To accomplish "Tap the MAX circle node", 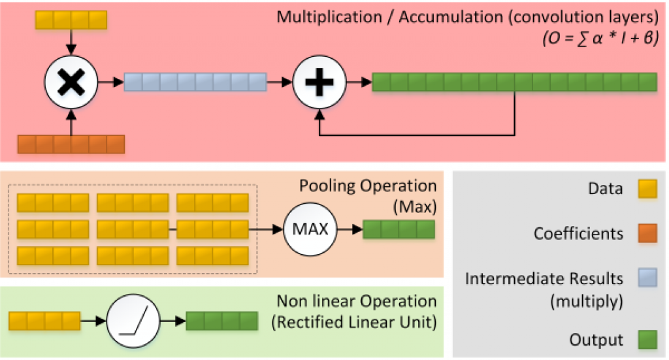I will pos(310,229).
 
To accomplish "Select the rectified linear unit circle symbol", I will pos(133,321).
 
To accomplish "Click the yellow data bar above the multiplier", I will pos(70,20).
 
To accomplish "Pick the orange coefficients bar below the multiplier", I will pos(71,143).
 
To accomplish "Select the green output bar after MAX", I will pos(399,229).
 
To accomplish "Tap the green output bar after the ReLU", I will pos(222,321).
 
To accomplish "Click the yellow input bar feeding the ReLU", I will pos(44,321).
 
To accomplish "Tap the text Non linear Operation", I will pos(356,301).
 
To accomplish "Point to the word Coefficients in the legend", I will pos(579,233).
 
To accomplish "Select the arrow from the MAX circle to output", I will pos(350,229).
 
